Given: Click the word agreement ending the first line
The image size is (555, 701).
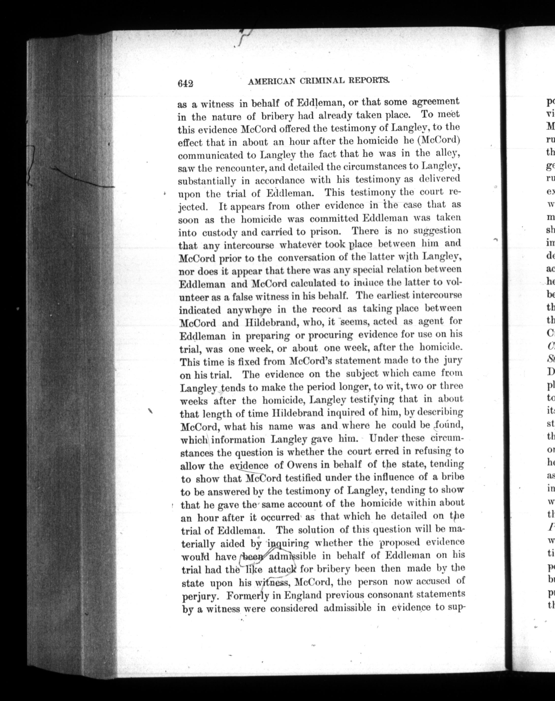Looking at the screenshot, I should (436, 102).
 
